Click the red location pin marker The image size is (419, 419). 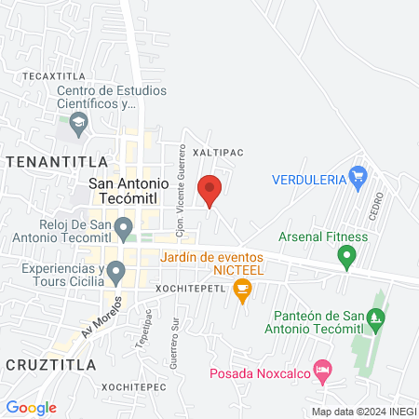(209, 190)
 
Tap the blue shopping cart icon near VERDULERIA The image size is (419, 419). (357, 175)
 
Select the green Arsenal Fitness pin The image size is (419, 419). (347, 255)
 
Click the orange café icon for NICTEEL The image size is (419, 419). (243, 291)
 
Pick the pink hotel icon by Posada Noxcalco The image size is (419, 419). (322, 371)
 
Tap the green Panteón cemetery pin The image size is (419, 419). (375, 318)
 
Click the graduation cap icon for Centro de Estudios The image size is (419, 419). (79, 122)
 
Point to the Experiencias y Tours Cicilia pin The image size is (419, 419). (116, 272)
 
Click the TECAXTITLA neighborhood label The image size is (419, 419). (47, 74)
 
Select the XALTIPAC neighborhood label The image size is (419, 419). (216, 149)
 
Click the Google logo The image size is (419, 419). (32, 408)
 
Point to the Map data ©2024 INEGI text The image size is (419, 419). (363, 412)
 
